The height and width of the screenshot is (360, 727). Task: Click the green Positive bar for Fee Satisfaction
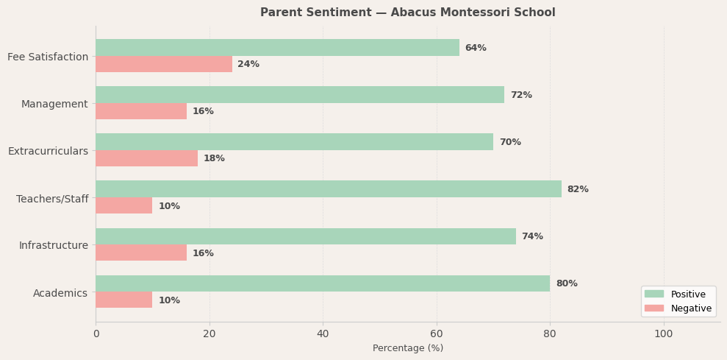click(x=277, y=48)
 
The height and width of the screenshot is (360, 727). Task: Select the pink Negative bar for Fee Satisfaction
click(x=164, y=64)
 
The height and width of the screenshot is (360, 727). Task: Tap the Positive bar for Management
click(x=300, y=95)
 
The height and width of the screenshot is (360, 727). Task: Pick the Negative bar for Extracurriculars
click(x=146, y=158)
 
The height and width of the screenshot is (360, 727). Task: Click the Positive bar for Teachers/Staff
click(x=329, y=189)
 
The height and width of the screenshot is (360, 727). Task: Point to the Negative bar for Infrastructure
click(x=141, y=253)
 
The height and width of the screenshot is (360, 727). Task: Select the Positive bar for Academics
click(x=323, y=283)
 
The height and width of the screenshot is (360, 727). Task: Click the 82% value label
click(x=578, y=189)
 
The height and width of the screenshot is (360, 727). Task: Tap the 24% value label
click(x=248, y=64)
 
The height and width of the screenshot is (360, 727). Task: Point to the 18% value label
click(x=214, y=158)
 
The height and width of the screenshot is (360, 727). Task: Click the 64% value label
click(x=476, y=48)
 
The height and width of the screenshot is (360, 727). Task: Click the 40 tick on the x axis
click(x=323, y=333)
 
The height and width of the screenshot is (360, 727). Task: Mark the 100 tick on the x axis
click(x=664, y=333)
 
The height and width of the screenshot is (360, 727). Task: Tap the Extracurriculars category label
click(x=48, y=151)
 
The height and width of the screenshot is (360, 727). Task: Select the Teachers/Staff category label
click(x=52, y=199)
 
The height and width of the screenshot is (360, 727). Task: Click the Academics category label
click(x=60, y=293)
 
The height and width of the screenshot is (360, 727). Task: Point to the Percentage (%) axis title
click(x=408, y=348)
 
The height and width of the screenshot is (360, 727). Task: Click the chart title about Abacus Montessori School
click(x=408, y=13)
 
